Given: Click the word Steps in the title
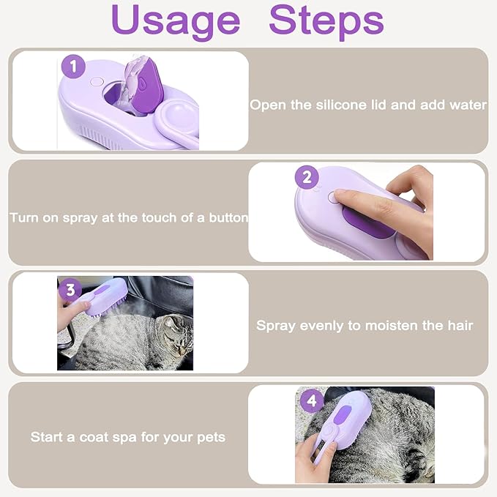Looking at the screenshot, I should pyautogui.click(x=326, y=21).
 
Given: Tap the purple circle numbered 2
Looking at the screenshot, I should pyautogui.click(x=307, y=177).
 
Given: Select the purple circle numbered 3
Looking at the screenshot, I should pyautogui.click(x=70, y=289).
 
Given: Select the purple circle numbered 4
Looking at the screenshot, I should pyautogui.click(x=312, y=400).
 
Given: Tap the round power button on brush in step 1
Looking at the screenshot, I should pyautogui.click(x=95, y=83).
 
